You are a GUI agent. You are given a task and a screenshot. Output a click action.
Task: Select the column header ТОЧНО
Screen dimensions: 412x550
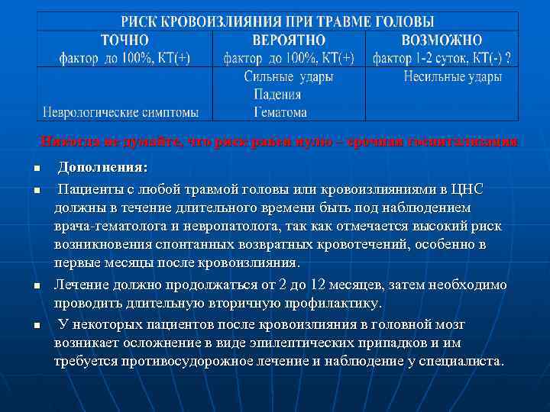(x=125, y=40)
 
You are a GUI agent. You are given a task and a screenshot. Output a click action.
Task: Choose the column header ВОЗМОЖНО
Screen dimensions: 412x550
(x=442, y=40)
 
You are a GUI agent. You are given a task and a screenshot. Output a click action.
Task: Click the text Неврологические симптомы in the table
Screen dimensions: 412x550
(x=120, y=112)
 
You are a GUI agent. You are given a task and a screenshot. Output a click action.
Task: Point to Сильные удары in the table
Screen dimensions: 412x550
(x=289, y=76)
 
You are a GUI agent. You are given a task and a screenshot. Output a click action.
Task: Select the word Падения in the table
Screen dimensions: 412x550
(x=277, y=95)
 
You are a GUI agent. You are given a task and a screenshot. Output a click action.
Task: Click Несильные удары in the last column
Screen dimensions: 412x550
(x=453, y=76)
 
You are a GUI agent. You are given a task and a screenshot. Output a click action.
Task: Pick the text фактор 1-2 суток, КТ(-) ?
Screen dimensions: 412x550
(x=442, y=57)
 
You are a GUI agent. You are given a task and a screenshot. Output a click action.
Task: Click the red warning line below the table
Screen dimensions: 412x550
(x=278, y=142)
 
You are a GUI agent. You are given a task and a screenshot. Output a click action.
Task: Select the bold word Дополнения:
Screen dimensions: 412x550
(x=103, y=167)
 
